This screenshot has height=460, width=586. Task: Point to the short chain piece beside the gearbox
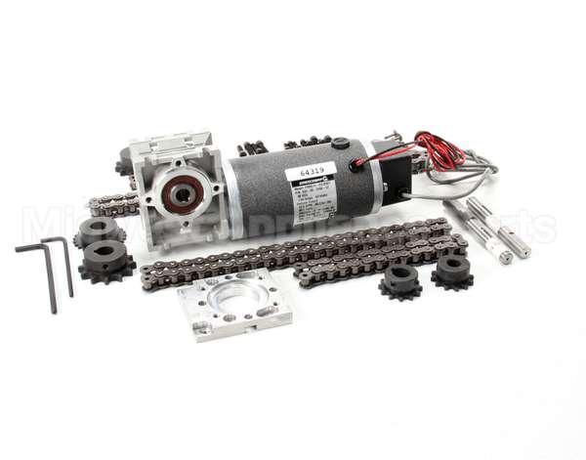tap(112, 205)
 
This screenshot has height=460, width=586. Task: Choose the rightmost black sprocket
tap(452, 272)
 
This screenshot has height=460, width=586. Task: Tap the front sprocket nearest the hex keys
tap(107, 262)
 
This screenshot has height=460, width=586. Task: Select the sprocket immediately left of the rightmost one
tap(400, 280)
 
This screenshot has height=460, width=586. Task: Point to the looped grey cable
tap(459, 181)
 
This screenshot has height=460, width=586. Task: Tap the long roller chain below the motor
tap(293, 259)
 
